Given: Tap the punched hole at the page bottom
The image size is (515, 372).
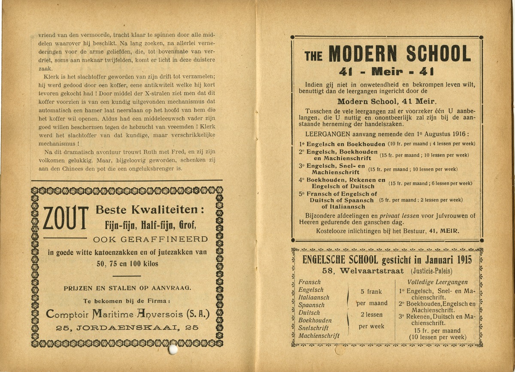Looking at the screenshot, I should pos(173,350).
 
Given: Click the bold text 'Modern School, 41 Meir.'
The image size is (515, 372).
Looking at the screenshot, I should pos(386,102).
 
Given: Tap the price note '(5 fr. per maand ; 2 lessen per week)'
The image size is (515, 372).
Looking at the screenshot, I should pos(421,200).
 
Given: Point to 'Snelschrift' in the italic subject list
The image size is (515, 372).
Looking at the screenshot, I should pos(314,328).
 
